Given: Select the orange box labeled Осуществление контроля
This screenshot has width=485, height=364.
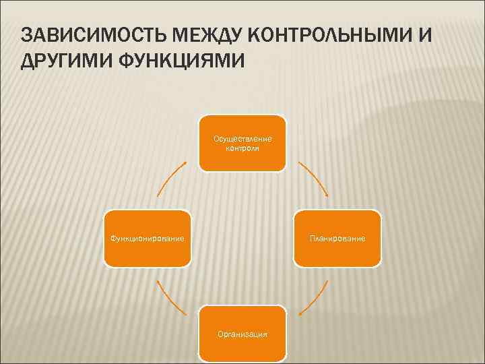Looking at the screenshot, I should coord(243,143).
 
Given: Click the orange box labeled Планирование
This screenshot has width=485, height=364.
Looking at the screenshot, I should coord(337,239).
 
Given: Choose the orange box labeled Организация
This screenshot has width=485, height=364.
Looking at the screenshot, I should coord(243,333).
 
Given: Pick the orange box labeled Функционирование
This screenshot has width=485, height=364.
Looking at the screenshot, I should coord(147,239).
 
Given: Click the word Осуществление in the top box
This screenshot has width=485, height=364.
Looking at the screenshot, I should coord(243,138).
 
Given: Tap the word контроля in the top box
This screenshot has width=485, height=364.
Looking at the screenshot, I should coord(243,148).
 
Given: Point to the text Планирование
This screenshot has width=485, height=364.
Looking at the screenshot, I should coord(337,239).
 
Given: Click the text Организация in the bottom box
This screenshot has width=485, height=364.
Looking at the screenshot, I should coord(243,334).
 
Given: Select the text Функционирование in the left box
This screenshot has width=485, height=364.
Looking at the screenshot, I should coord(147,239).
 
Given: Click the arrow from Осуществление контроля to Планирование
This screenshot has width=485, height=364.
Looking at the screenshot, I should coord(313,178).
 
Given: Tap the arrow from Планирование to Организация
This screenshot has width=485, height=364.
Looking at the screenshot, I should coord(315,299).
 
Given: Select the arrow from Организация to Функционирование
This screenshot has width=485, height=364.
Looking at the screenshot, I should coord(171,299).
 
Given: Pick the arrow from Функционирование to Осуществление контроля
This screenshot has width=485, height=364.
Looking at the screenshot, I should coord(171,178).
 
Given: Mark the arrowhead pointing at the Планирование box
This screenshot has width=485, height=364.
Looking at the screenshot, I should coord(327,195).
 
